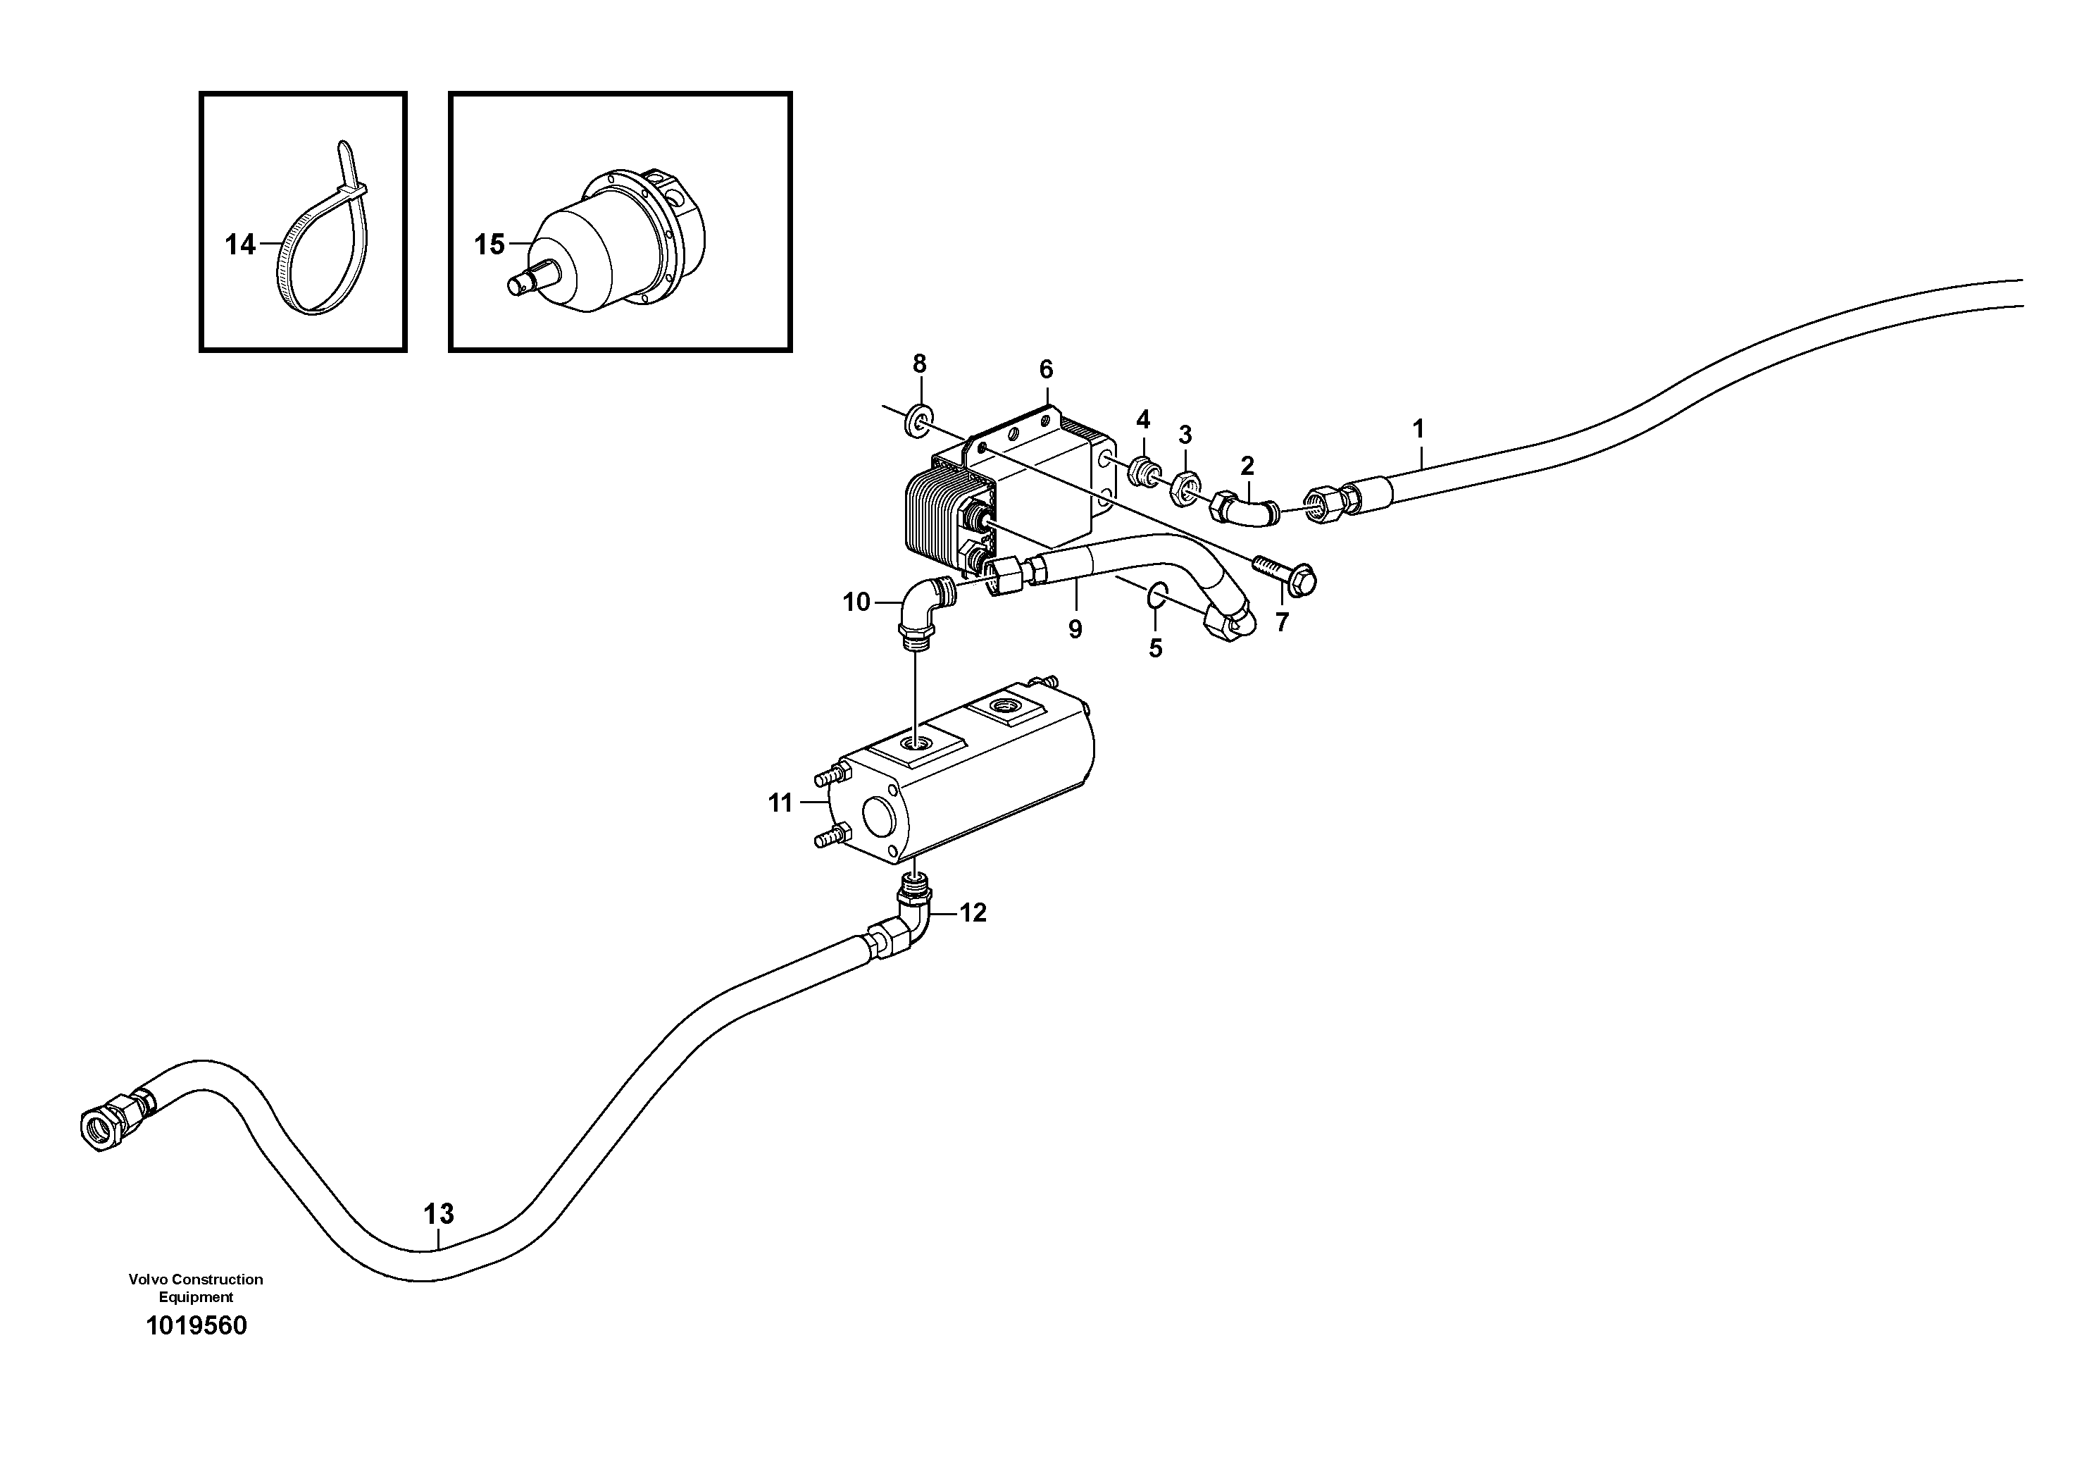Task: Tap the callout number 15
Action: (489, 244)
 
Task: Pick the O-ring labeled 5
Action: (1155, 595)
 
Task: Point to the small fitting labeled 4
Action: (1140, 471)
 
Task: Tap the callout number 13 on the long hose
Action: (438, 1215)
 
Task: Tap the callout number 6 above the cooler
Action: (1046, 370)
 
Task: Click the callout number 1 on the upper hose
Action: (1418, 428)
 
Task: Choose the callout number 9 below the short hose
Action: (1075, 629)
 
